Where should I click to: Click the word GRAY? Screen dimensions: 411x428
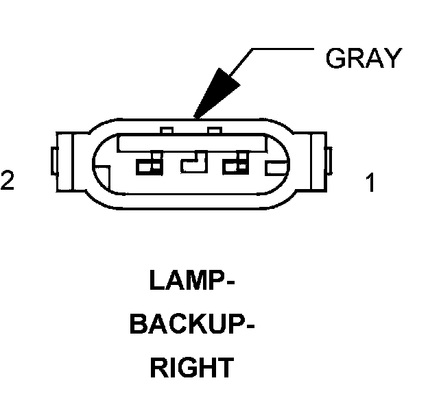(x=361, y=59)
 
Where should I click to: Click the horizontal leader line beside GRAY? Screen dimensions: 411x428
(x=281, y=49)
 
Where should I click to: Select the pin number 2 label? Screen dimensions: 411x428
(x=8, y=181)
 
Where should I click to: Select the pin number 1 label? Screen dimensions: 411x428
(x=371, y=184)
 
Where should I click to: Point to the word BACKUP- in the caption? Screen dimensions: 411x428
(x=192, y=325)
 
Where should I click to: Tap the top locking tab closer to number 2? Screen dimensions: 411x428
(x=167, y=130)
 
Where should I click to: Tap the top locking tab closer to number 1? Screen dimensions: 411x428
(x=214, y=130)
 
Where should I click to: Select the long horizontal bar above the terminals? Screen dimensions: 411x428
(x=192, y=142)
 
